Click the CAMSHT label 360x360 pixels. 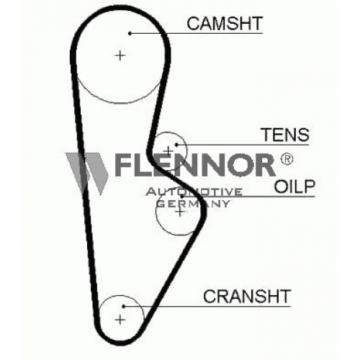click(x=225, y=24)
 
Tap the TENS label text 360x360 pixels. click(x=285, y=135)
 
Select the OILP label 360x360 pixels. click(x=294, y=186)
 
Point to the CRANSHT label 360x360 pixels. click(x=247, y=296)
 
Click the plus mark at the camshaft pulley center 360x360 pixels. click(x=120, y=56)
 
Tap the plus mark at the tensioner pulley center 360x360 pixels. click(x=168, y=151)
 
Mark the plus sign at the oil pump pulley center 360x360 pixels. click(x=179, y=212)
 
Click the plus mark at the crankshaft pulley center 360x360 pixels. click(x=120, y=320)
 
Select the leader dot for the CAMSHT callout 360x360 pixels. click(x=130, y=33)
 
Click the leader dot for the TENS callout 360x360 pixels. click(x=176, y=145)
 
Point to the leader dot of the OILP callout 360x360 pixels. click(x=182, y=197)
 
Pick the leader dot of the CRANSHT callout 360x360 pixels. click(x=123, y=307)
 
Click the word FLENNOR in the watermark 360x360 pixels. click(x=194, y=165)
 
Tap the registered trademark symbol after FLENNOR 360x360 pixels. click(x=287, y=159)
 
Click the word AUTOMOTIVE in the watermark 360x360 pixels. click(x=194, y=192)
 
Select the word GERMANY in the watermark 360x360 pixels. click(x=193, y=204)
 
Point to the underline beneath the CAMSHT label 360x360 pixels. click(x=197, y=33)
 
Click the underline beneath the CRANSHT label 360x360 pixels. click(x=207, y=307)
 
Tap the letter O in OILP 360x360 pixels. click(x=280, y=186)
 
